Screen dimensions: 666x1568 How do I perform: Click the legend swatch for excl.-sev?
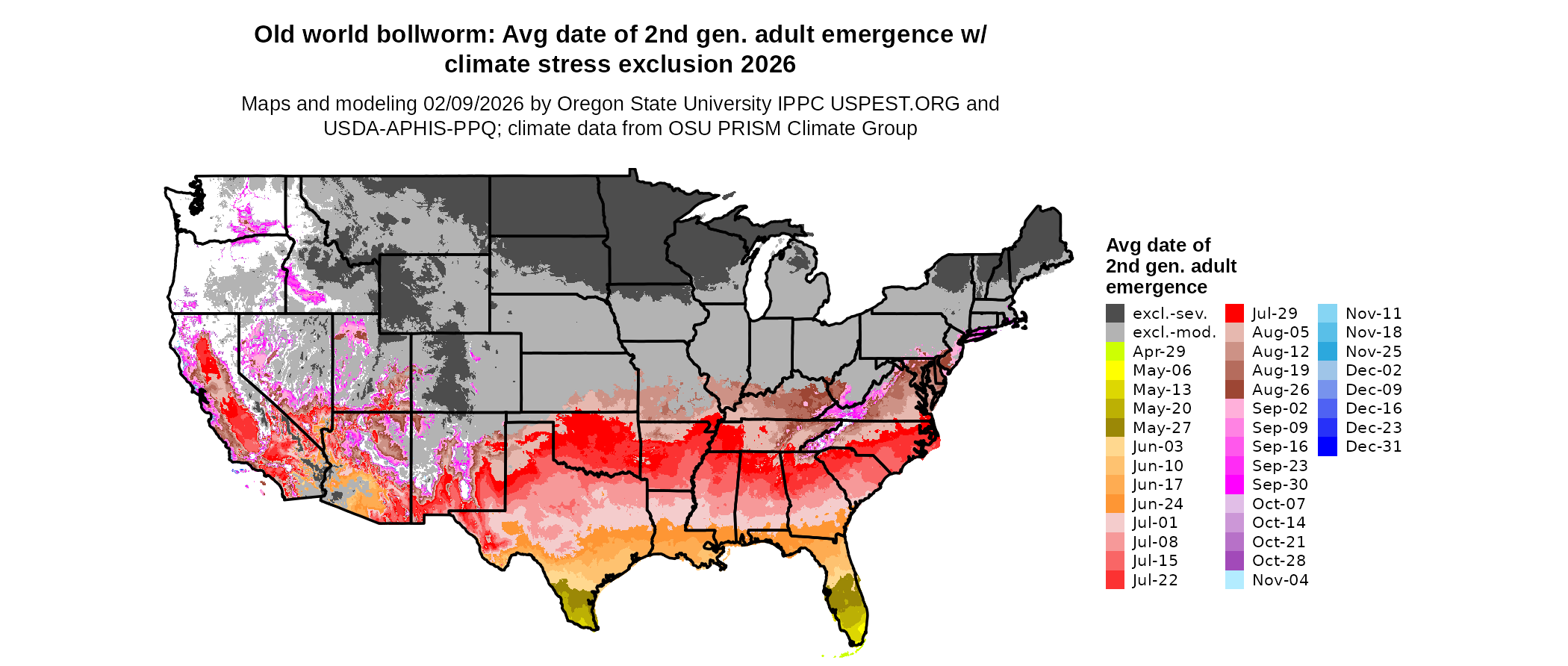[1115, 314]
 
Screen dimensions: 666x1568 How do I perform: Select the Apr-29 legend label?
[1159, 352]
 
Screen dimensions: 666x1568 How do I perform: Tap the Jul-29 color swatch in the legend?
[1234, 314]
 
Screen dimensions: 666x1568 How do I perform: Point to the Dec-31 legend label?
[1374, 446]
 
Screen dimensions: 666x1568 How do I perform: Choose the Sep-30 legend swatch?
[1234, 485]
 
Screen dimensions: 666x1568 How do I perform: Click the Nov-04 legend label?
[1280, 580]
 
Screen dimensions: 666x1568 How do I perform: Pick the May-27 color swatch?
[1115, 428]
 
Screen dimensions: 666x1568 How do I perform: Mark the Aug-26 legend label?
[1280, 390]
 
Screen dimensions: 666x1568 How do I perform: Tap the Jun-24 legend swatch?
[1115, 504]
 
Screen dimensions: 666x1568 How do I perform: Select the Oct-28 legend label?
[1280, 561]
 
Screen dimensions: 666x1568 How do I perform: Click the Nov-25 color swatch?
[1328, 352]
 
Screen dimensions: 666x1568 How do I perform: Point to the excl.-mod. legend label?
[1174, 332]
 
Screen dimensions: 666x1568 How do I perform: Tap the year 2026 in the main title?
[768, 65]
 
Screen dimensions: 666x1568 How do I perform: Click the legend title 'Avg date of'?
[1158, 246]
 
